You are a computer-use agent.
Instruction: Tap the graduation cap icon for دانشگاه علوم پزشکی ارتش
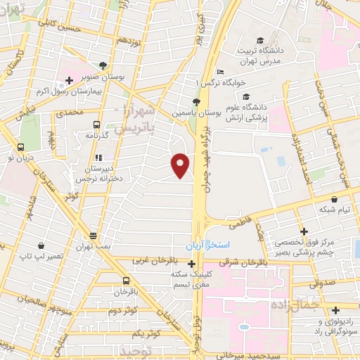(x=245, y=97)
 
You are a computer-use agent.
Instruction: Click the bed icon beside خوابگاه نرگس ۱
(x=221, y=72)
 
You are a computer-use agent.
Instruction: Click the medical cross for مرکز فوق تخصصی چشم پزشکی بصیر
(x=303, y=231)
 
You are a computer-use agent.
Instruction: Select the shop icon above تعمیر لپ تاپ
(x=41, y=246)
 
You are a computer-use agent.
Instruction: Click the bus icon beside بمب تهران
(x=93, y=236)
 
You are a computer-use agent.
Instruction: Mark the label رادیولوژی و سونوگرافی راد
(x=322, y=326)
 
